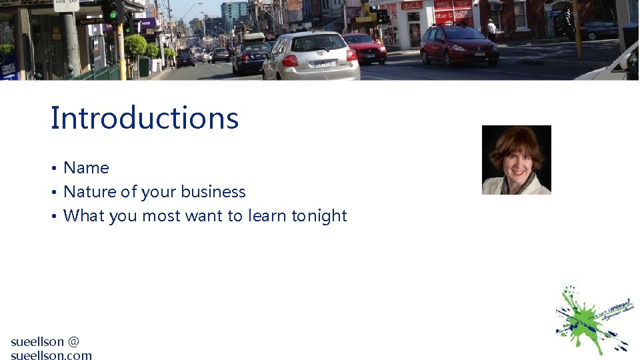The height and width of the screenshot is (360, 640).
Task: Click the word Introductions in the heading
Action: tap(144, 118)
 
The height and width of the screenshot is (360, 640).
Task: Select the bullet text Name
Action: tap(86, 168)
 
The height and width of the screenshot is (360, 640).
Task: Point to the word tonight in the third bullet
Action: tap(319, 216)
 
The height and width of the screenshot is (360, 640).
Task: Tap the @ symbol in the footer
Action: tap(73, 341)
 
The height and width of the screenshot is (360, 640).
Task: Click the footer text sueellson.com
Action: tap(51, 355)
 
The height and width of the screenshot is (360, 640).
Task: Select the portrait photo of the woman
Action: tap(517, 160)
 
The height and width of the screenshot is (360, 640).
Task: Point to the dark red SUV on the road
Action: tap(459, 45)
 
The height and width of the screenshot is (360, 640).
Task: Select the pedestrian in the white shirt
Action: tap(491, 29)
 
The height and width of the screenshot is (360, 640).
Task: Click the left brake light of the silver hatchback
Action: tap(289, 60)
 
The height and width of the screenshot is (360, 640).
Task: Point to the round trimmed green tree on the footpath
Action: tap(136, 46)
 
